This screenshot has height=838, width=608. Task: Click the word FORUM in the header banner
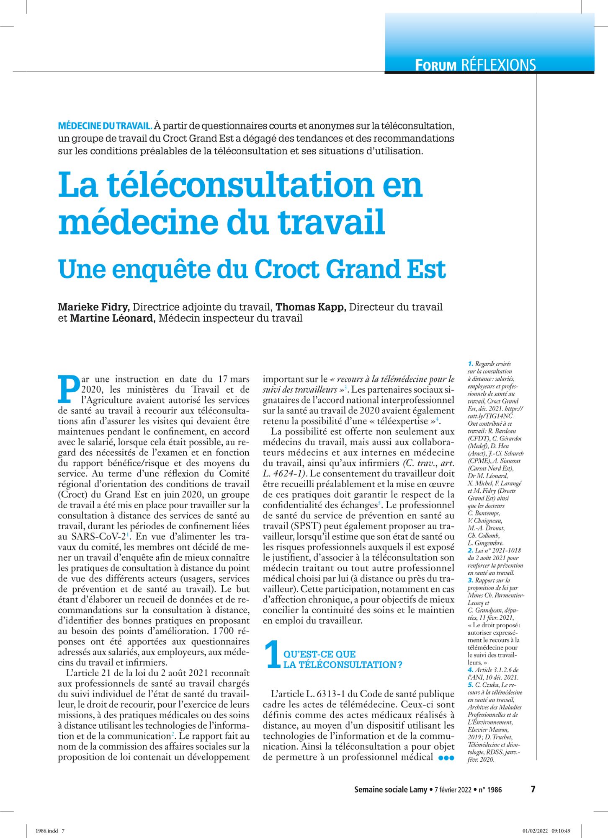pos(435,65)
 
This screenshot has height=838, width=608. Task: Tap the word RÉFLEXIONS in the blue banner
pos(498,65)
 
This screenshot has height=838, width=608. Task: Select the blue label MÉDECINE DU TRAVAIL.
pos(105,126)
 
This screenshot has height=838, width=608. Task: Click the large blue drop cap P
pos(68,389)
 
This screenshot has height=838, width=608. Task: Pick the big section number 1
pos(272,655)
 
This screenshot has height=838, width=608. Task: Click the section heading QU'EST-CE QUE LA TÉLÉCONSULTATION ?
pos(343,660)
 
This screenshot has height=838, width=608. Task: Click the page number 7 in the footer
pos(533,789)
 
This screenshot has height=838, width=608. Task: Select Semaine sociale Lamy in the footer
pos(390,790)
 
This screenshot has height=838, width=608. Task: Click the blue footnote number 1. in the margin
pos(471,364)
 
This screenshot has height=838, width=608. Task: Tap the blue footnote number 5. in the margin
pos(471,685)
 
